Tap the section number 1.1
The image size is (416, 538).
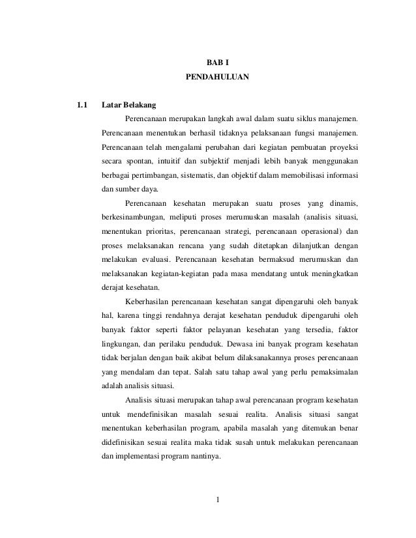(82, 105)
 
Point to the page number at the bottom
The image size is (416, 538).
(217, 501)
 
